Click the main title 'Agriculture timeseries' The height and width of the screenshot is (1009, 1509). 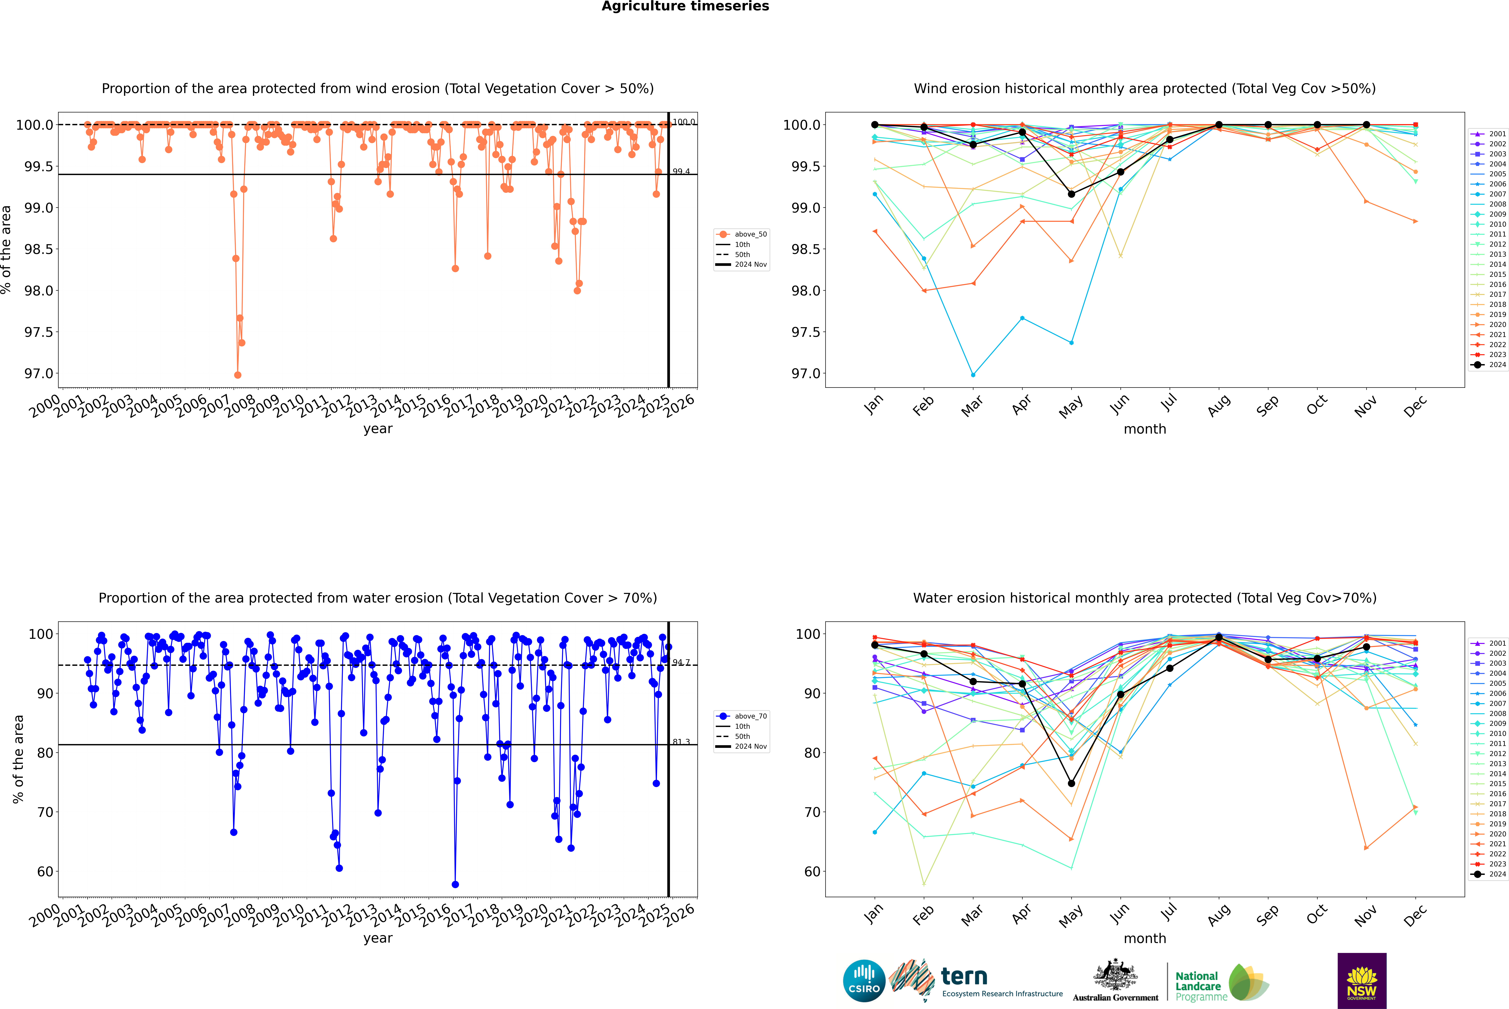pyautogui.click(x=685, y=6)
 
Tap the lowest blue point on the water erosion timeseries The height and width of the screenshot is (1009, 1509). pyautogui.click(x=455, y=884)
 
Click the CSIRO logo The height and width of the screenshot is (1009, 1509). pyautogui.click(x=864, y=981)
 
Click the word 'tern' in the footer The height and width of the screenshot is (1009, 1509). pyautogui.click(x=964, y=976)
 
